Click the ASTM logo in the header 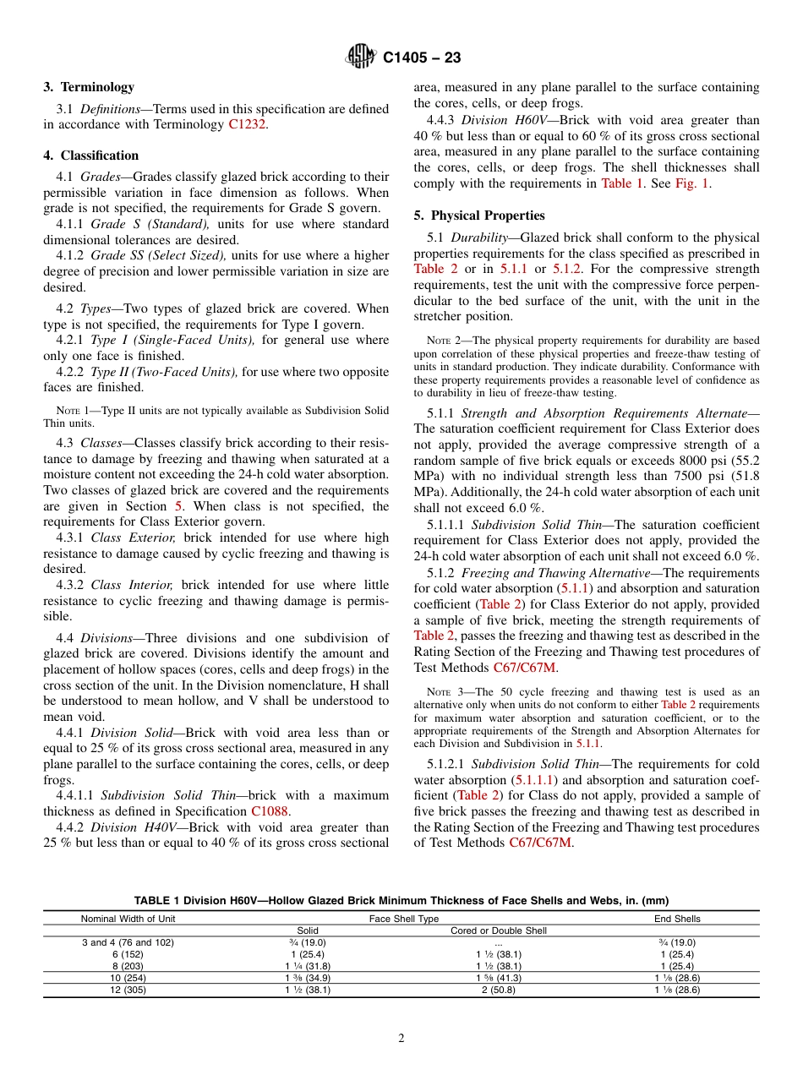click(362, 57)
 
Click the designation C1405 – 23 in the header click(422, 58)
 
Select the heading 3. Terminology click(89, 87)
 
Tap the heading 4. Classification click(91, 156)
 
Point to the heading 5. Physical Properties click(479, 216)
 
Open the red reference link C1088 click(270, 812)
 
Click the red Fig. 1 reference click(692, 183)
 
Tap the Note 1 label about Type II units click(75, 411)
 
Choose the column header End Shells click(677, 919)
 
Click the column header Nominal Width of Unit click(128, 919)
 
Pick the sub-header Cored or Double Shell click(498, 930)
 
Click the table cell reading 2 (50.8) click(498, 990)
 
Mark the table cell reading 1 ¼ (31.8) click(307, 966)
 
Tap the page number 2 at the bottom click(401, 1039)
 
